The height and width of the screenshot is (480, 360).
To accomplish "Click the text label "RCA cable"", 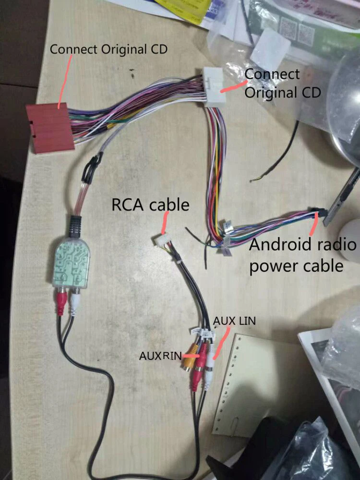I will [x=150, y=204].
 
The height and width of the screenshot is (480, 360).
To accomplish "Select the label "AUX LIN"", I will [x=235, y=320].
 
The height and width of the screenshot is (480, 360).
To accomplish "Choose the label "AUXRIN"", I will [x=160, y=356].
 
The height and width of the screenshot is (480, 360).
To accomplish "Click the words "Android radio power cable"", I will [x=302, y=254].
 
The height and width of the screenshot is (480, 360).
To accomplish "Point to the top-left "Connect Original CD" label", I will [x=109, y=49].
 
